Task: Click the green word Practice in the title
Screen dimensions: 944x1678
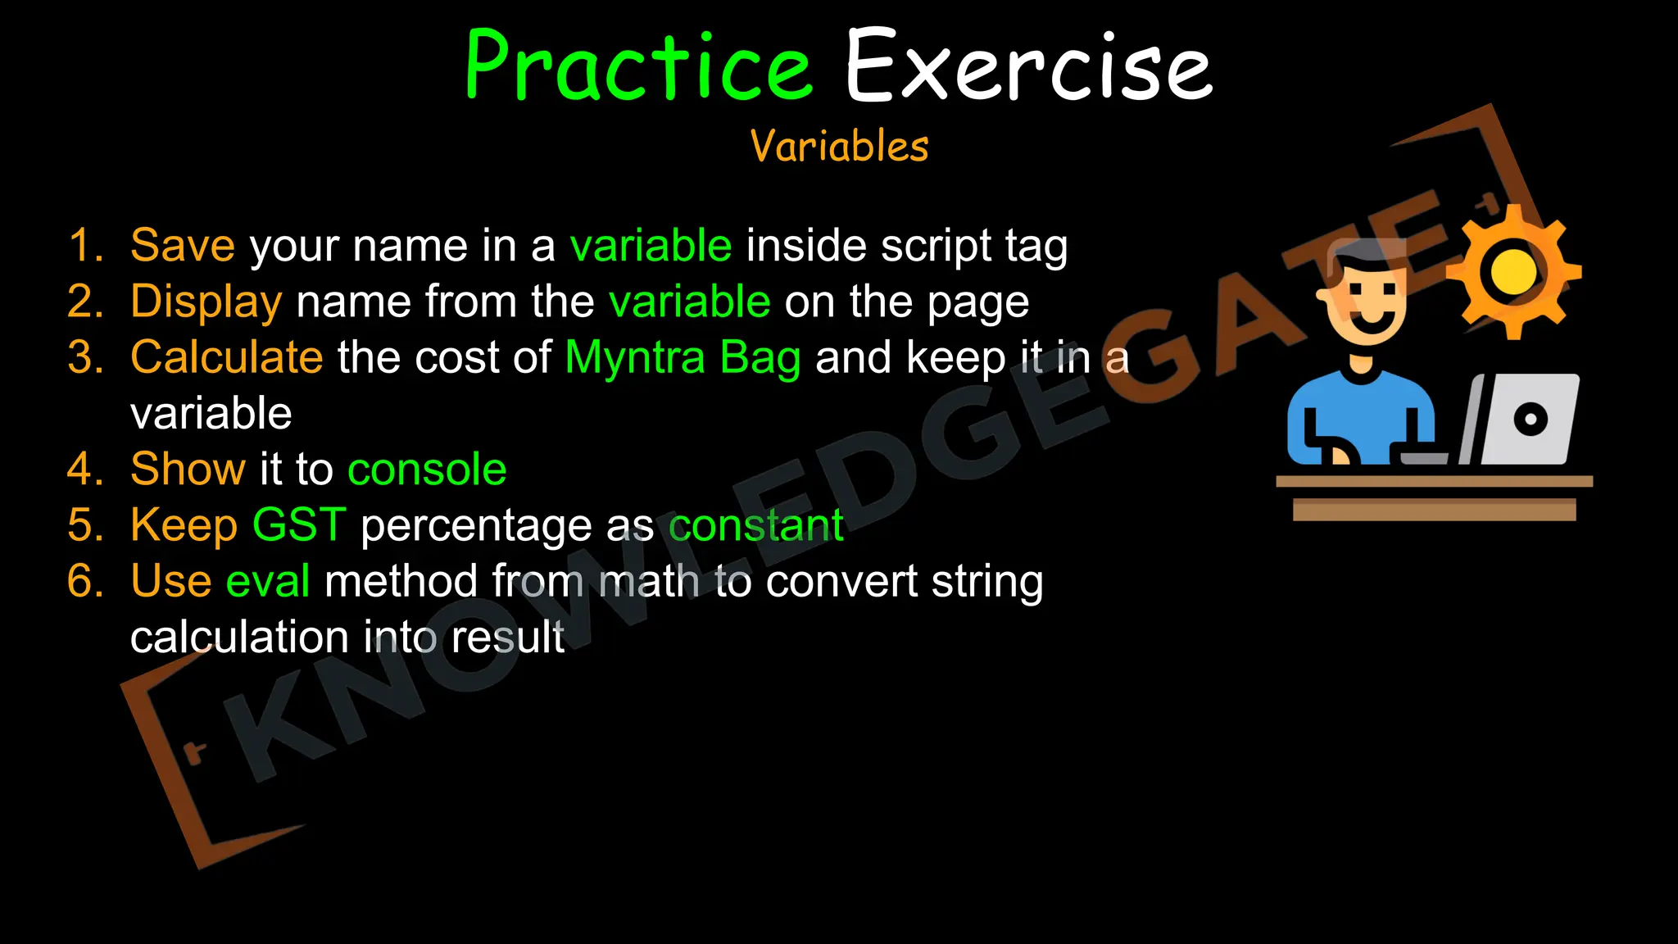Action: click(x=637, y=67)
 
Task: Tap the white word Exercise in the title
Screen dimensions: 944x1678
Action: click(x=1027, y=67)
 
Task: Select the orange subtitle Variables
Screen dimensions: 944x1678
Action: click(x=839, y=147)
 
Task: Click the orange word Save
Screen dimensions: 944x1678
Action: click(x=183, y=245)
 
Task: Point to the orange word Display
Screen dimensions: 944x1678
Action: click(x=206, y=302)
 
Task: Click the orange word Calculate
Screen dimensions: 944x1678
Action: click(x=227, y=357)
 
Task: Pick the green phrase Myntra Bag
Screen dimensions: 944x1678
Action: click(x=683, y=357)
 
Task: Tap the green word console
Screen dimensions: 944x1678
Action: click(x=426, y=469)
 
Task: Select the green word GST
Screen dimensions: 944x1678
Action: click(x=299, y=524)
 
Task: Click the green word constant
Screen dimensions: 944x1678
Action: click(x=755, y=524)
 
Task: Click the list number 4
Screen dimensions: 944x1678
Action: click(x=84, y=469)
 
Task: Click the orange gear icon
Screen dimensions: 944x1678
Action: click(x=1512, y=272)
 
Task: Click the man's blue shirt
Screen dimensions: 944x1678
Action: click(x=1360, y=414)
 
